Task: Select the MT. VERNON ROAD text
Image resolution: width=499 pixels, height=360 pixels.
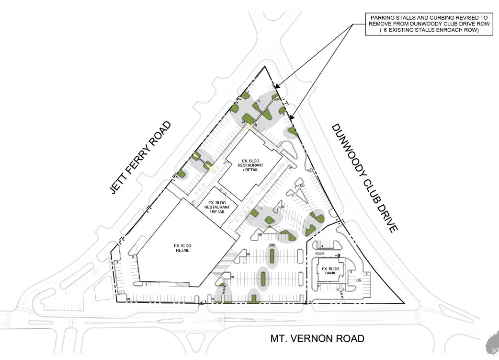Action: coord(317,338)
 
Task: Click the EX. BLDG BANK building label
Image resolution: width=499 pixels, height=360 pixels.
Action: coord(330,271)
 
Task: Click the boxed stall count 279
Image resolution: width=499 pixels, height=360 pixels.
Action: coord(272,245)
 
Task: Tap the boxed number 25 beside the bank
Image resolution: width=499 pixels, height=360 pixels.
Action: coord(359,280)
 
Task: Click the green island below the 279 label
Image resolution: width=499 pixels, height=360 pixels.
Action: coord(273,258)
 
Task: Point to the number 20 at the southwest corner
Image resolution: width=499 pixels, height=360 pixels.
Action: coord(128,299)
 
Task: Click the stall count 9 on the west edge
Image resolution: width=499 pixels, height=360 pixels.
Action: coord(117,263)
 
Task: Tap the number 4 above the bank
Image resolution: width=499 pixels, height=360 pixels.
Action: coord(322,246)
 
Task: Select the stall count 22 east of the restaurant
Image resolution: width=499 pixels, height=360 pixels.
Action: coord(290,168)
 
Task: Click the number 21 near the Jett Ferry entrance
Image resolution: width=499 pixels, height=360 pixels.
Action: coord(231,111)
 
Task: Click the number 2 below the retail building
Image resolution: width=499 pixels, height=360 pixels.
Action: coord(146,284)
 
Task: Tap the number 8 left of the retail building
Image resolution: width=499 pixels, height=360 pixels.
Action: coord(132,257)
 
